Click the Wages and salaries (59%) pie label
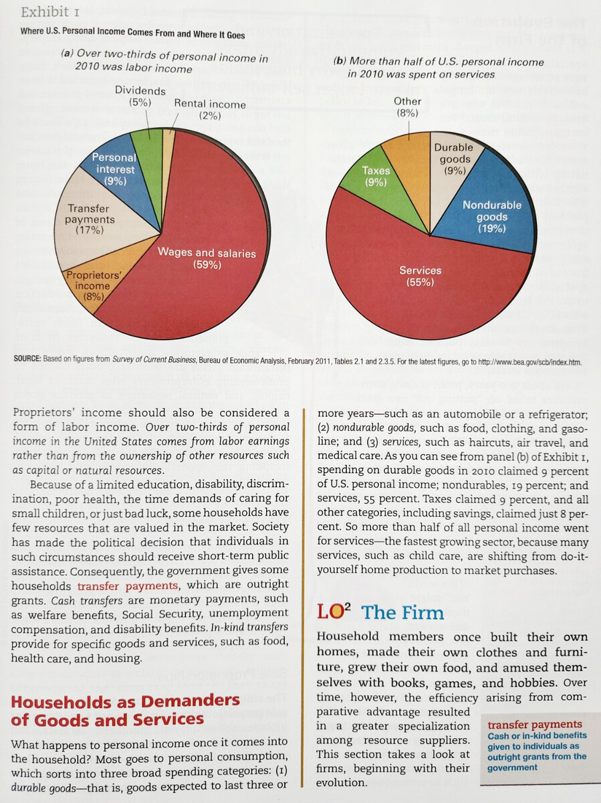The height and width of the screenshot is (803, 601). coord(207,258)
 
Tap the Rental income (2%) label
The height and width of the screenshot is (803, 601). coord(209,109)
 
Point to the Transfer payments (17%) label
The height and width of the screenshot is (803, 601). coord(90,219)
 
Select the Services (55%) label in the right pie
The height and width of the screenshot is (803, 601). coord(420,276)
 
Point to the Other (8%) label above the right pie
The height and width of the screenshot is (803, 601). coord(407,107)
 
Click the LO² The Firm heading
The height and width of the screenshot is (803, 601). coord(380,613)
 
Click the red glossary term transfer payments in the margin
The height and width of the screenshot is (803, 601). coord(535,725)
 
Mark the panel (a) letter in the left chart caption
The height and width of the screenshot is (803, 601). coord(67,58)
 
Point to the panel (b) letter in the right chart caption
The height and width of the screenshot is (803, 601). coord(339,62)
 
